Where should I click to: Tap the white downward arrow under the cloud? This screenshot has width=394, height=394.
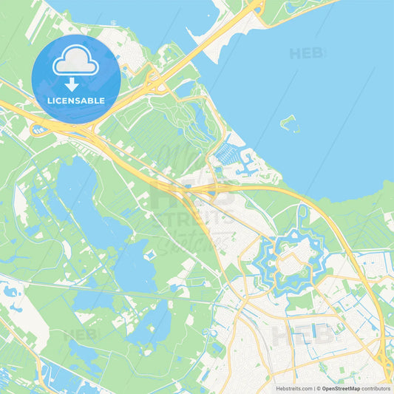click(72, 84)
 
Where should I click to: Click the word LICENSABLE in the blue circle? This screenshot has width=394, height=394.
click(76, 100)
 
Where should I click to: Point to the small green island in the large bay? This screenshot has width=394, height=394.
click(290, 123)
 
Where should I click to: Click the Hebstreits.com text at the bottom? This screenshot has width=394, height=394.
click(294, 387)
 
